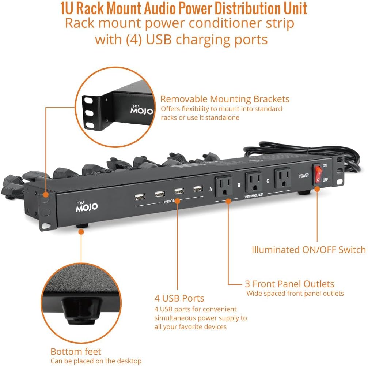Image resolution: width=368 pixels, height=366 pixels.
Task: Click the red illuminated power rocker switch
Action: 318,174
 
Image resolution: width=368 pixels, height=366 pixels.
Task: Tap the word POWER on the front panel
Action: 304,175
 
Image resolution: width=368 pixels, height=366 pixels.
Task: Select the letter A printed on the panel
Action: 210,190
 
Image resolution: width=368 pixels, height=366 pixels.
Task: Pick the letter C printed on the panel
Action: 268,180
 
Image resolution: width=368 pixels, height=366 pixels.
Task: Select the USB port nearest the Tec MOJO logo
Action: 140,197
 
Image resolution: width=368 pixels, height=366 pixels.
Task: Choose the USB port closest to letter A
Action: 198,189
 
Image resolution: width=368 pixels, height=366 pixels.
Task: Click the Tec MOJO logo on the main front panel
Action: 86,206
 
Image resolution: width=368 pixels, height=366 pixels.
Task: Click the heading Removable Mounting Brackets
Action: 225,99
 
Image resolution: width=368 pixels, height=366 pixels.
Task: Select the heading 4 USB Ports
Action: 179,298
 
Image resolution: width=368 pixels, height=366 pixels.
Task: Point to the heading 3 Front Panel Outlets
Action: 289,284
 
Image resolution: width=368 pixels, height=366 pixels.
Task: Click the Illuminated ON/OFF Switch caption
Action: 308,250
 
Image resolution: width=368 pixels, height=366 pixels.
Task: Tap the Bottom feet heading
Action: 76,352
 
